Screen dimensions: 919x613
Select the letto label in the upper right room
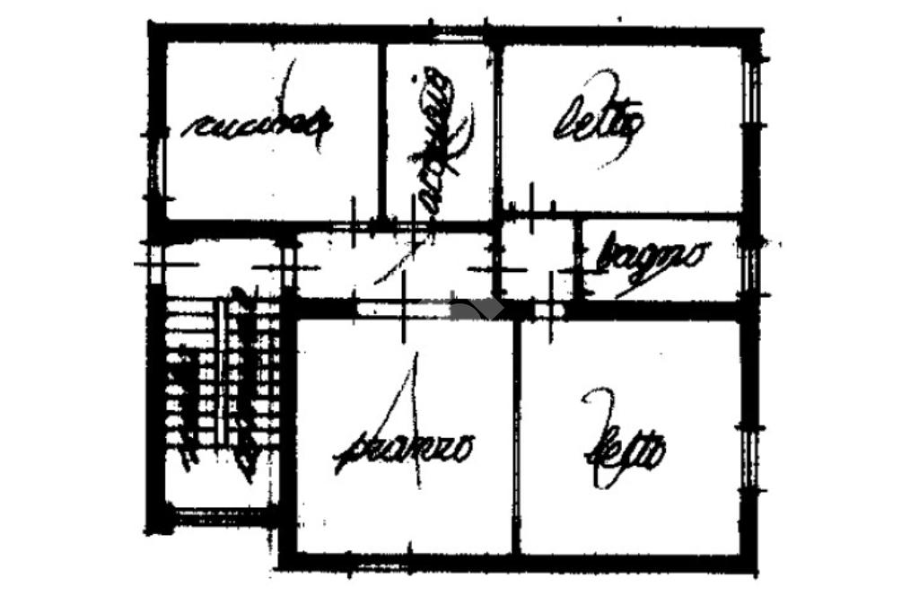[598, 126]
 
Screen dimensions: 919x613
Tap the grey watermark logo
[475, 310]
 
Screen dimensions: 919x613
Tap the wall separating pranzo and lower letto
[516, 440]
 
